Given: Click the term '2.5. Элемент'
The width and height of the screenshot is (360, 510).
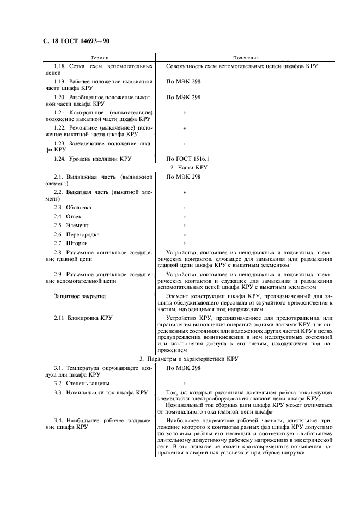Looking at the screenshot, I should tap(71, 225).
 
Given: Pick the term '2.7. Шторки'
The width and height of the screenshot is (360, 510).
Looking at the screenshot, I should tap(70, 243).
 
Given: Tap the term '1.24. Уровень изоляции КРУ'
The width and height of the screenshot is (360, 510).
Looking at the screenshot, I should tap(89, 158).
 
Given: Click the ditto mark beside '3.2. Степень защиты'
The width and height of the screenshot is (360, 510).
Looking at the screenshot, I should tap(185, 384).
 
